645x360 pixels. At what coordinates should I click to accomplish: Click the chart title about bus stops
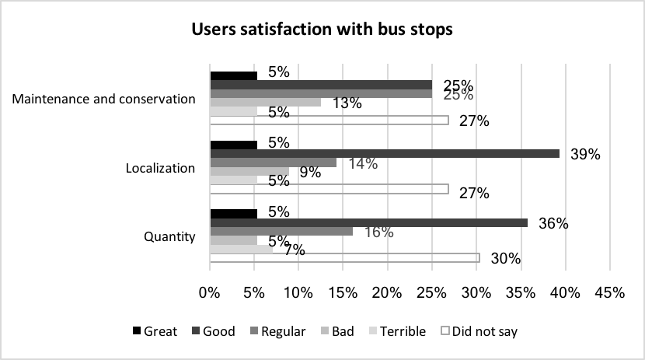coord(322,30)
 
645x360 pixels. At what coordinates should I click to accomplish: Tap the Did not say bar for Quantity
coord(345,257)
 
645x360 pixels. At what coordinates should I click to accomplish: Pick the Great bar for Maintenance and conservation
coord(234,76)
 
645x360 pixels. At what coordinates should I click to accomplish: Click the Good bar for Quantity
coord(368,222)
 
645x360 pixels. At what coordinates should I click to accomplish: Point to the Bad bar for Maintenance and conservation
coord(265,102)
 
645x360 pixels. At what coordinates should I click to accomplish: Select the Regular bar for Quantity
coord(281,231)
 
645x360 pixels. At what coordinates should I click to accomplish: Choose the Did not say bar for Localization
coord(329,188)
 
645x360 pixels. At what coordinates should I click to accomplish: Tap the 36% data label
coord(554,223)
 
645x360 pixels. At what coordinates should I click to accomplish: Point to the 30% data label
coord(506,259)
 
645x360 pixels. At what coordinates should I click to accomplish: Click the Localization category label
coord(161,168)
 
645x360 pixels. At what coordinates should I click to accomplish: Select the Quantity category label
coord(171,236)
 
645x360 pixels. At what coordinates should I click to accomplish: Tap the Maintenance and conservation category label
coord(103,99)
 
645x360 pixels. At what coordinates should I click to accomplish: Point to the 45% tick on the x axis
coord(609,293)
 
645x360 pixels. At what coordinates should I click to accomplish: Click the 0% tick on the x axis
coord(210,293)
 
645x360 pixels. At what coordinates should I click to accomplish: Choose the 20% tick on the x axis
coord(387,293)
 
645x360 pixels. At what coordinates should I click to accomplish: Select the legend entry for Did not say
coord(479,331)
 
